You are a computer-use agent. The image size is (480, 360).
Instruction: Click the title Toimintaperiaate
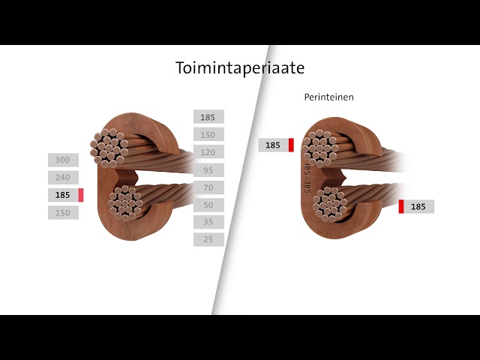[240, 68]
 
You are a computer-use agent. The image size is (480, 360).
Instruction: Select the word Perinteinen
[328, 97]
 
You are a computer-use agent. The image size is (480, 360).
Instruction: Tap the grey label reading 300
[63, 160]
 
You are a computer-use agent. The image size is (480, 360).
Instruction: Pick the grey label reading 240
[63, 177]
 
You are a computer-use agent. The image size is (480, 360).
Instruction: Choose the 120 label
[208, 152]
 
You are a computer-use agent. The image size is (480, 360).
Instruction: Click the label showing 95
[208, 170]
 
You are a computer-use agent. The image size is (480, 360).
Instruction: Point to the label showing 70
[208, 187]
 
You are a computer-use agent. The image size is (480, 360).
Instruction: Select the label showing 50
[208, 205]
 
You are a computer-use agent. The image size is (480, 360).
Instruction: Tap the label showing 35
[208, 222]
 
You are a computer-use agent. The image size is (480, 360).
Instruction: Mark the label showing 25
[208, 239]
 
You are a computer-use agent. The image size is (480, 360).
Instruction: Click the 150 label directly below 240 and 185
[63, 213]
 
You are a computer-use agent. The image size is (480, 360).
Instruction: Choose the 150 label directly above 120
[208, 135]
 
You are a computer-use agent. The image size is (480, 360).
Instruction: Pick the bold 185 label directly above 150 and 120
[208, 117]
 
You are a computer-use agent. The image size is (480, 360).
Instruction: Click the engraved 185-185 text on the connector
[307, 178]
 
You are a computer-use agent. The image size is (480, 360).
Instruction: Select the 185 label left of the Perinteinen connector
[276, 145]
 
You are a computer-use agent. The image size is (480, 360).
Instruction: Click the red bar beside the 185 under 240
[81, 195]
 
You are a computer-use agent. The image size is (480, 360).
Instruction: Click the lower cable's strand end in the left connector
[125, 203]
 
